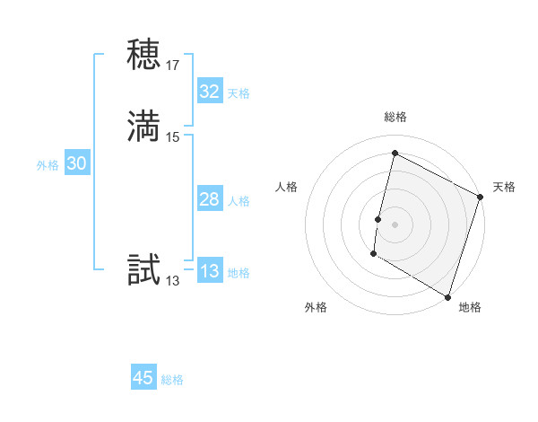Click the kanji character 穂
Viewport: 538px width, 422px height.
(144, 55)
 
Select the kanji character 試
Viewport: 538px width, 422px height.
(144, 270)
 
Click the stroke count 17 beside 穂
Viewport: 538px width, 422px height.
(173, 66)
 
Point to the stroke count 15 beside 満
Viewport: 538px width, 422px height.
(173, 137)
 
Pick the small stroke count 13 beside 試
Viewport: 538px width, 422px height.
(173, 281)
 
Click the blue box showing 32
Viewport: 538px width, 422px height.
(209, 91)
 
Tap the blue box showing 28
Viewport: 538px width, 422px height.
(209, 199)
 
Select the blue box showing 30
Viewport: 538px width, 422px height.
(77, 163)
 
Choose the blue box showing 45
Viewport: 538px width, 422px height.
(143, 378)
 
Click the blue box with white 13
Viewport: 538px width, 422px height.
(209, 271)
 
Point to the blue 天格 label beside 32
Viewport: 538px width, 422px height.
(239, 93)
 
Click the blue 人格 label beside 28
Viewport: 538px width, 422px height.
(239, 201)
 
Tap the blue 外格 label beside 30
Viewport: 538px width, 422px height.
(48, 165)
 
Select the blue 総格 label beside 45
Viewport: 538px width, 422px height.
(172, 380)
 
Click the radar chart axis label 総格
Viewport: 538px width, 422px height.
(395, 117)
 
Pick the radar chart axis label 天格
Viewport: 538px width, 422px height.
(504, 187)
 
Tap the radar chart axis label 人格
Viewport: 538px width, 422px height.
(287, 187)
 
